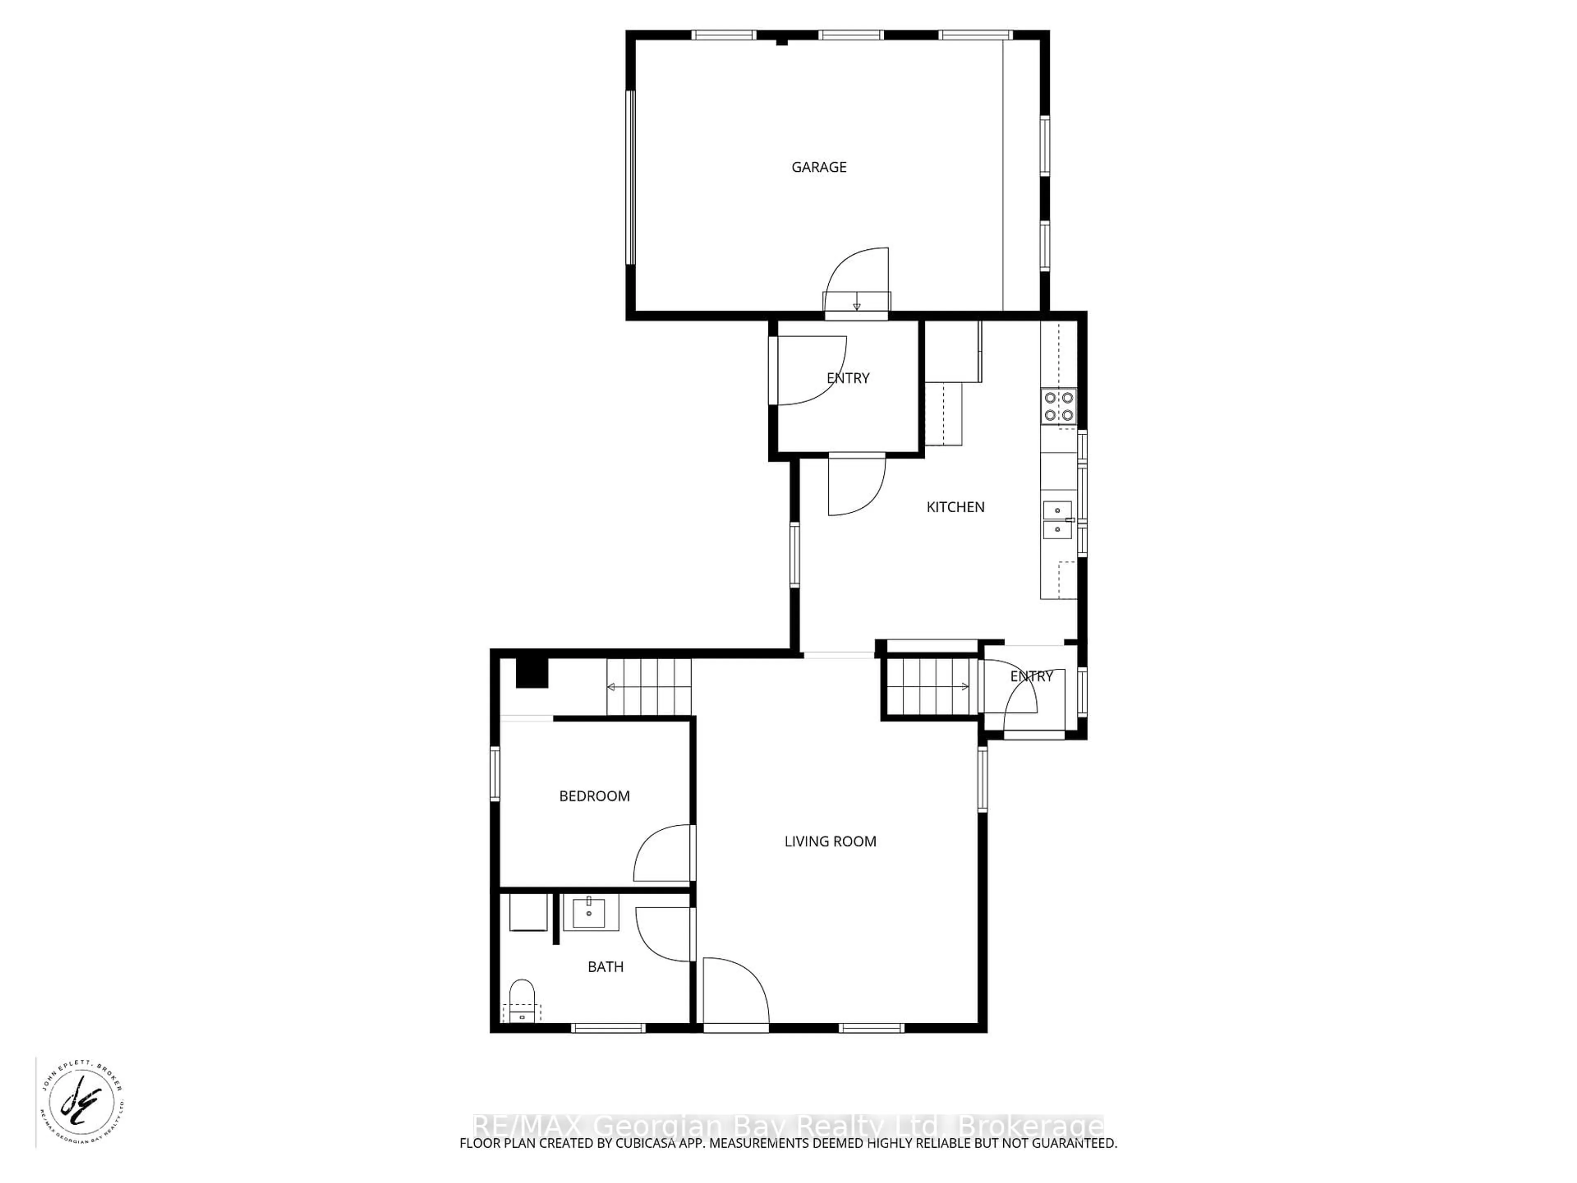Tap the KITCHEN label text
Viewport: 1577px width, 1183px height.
click(x=955, y=507)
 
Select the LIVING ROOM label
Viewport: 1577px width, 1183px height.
click(x=830, y=841)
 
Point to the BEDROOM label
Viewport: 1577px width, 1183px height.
click(x=594, y=796)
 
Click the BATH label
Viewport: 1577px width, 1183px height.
click(x=605, y=967)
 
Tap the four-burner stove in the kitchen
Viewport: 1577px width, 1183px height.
click(x=1059, y=407)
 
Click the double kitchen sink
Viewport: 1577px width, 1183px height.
click(x=1057, y=520)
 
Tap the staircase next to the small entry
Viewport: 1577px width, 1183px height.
click(x=930, y=687)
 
